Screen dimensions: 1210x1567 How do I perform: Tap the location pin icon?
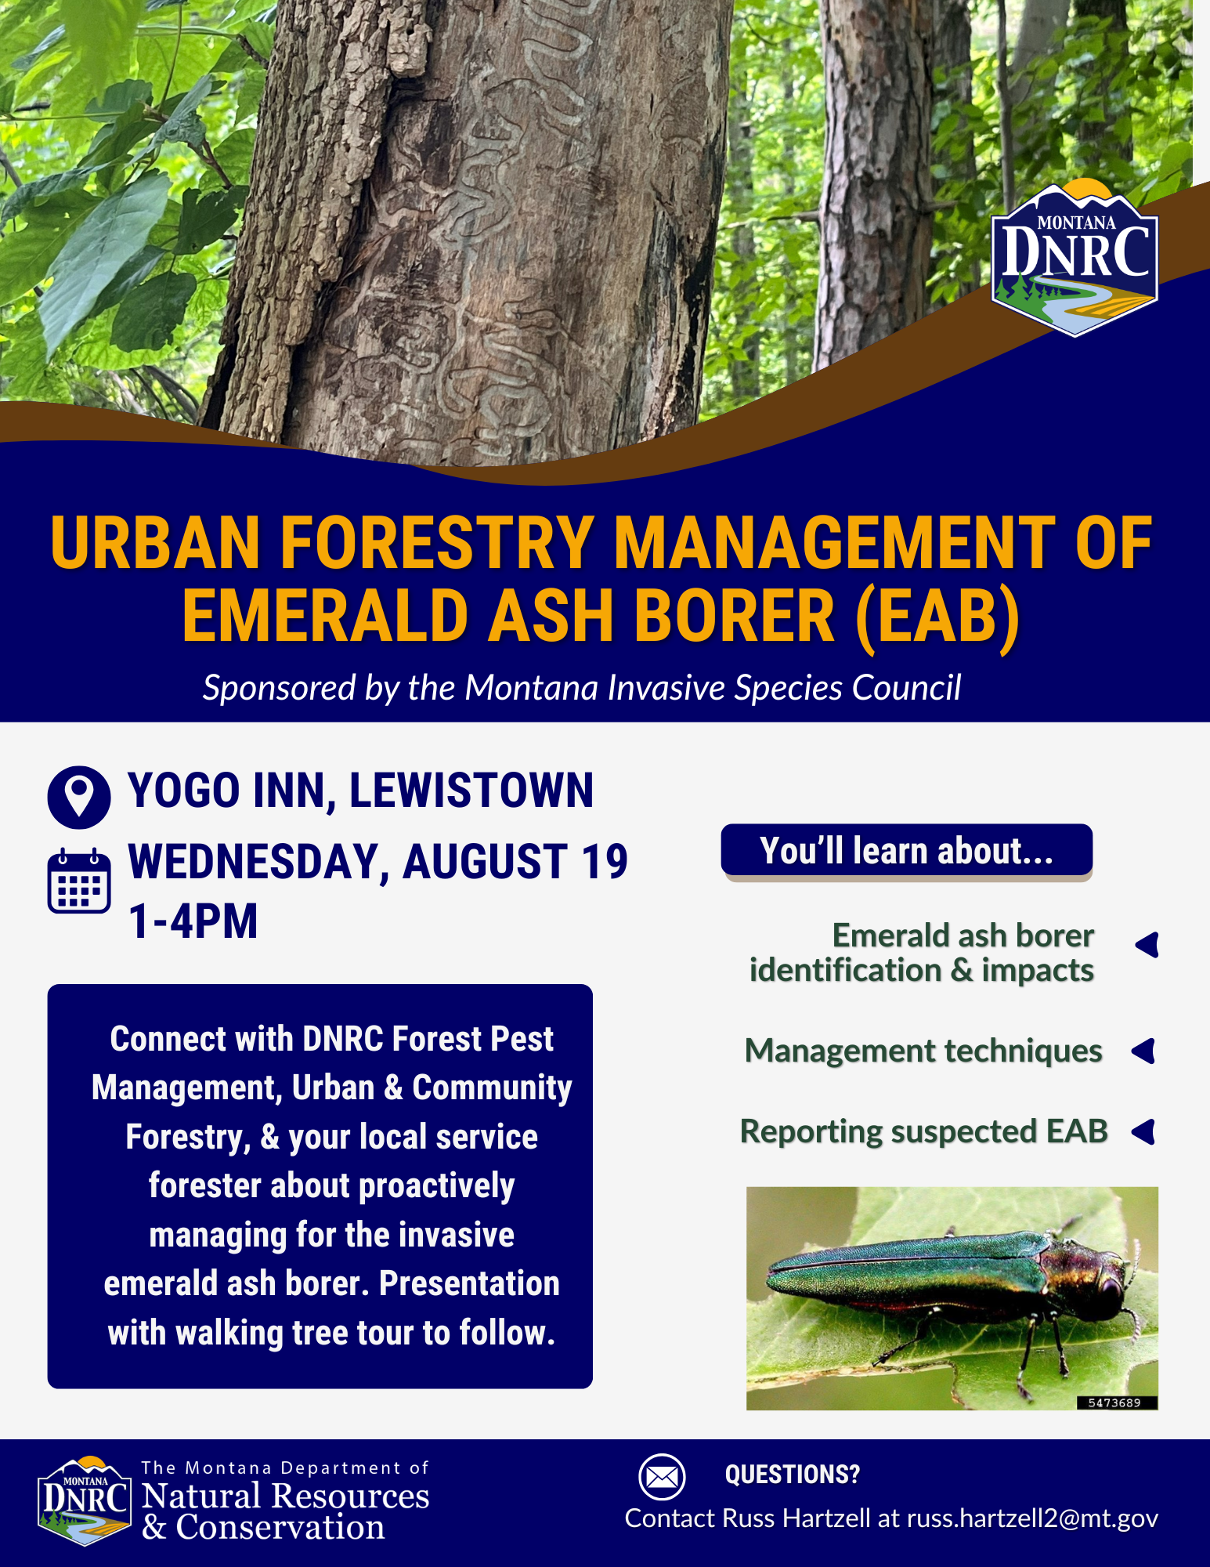[x=79, y=798]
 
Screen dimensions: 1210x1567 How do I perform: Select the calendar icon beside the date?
[x=79, y=880]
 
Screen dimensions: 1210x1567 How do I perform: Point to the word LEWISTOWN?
[x=471, y=790]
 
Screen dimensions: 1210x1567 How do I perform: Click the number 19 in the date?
[x=604, y=862]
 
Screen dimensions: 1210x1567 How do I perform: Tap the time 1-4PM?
[x=193, y=921]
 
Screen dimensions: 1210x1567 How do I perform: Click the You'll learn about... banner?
[x=906, y=851]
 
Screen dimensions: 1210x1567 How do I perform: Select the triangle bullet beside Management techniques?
[x=1144, y=1051]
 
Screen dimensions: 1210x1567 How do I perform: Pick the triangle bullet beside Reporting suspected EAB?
[x=1144, y=1131]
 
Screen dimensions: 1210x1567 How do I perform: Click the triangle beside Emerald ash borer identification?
[x=1147, y=945]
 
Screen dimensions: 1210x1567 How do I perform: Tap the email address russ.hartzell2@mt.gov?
[x=1032, y=1518]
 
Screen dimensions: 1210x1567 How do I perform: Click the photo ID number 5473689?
[x=1114, y=1402]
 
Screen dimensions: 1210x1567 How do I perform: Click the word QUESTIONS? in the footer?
[x=793, y=1475]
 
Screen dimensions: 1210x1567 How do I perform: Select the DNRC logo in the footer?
[x=85, y=1500]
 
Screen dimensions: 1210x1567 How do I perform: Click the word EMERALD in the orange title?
[x=325, y=616]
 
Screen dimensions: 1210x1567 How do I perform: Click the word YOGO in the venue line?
[x=183, y=790]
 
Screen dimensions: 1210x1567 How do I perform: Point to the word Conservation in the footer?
[x=280, y=1528]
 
